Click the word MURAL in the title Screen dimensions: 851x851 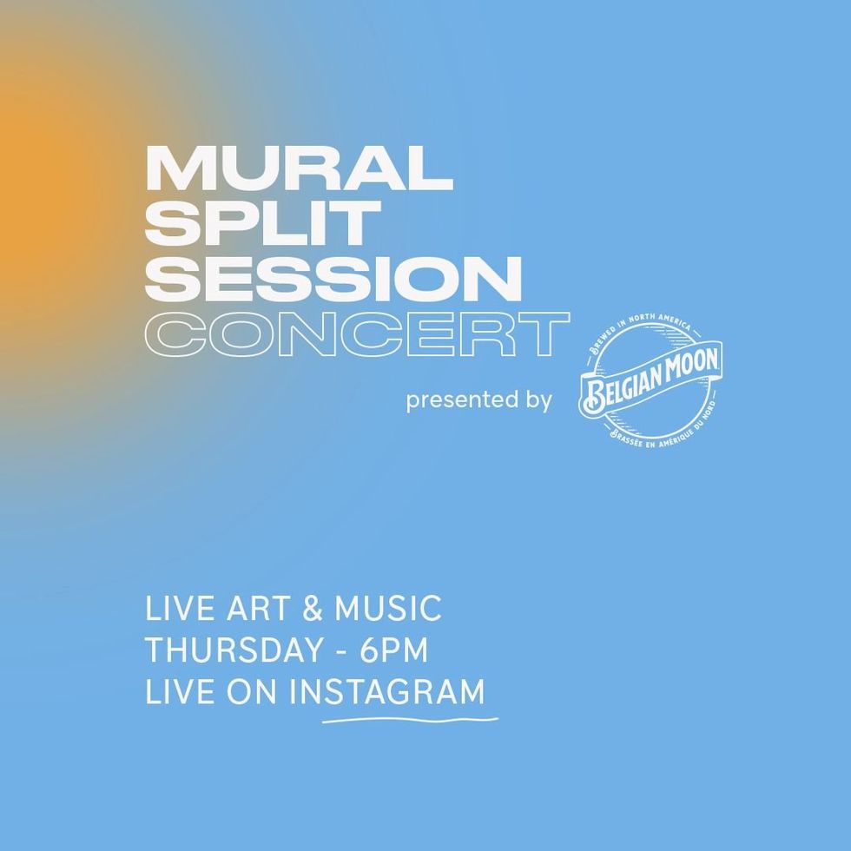pos(299,168)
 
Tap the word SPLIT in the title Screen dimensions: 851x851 pos(262,223)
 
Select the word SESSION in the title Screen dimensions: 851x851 pos(333,279)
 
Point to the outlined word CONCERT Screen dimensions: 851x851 pos(357,334)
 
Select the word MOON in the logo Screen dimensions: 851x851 pos(691,366)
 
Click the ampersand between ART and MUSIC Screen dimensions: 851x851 pos(313,608)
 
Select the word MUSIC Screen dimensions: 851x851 pos(388,608)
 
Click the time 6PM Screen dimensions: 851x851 pos(394,650)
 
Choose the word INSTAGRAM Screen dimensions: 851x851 pos(386,692)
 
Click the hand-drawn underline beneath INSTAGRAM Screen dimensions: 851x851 pos(410,720)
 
